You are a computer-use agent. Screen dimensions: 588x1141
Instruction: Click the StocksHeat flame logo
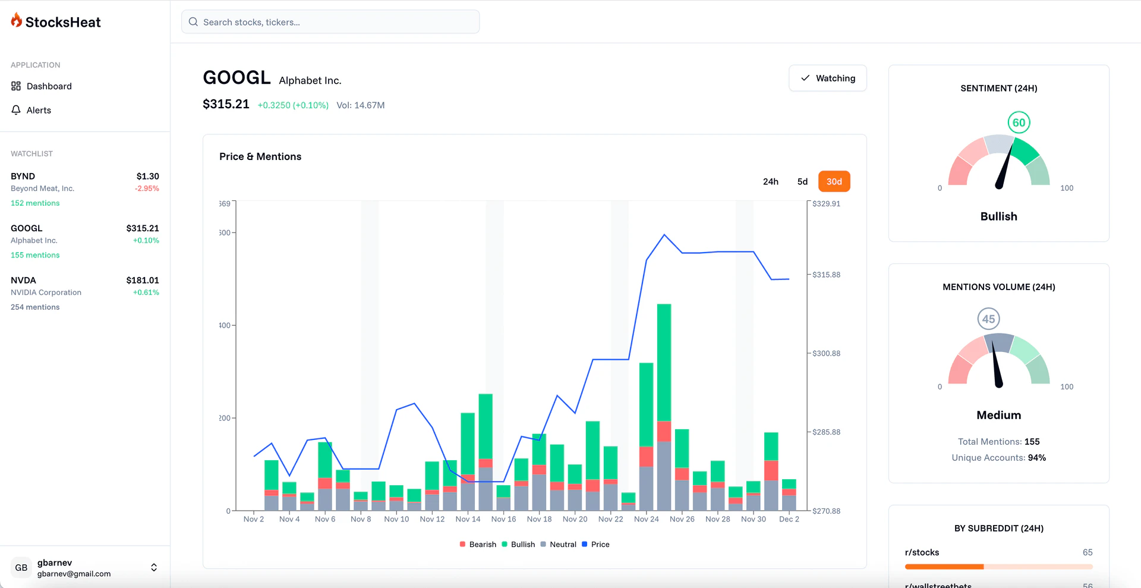point(17,21)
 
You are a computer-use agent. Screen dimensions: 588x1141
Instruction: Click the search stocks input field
point(330,22)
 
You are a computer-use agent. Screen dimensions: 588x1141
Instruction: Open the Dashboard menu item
point(49,86)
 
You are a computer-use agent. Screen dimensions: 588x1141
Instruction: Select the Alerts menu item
point(39,110)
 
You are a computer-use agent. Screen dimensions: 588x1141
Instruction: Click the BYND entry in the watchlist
point(23,176)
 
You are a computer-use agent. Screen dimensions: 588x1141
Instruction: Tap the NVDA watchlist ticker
point(24,280)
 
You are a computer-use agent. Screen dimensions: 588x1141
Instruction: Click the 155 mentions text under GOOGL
point(35,255)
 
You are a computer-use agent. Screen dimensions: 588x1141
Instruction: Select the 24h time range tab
point(770,181)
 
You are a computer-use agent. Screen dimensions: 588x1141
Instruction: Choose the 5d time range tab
point(802,181)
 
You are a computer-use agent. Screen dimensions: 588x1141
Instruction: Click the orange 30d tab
point(834,181)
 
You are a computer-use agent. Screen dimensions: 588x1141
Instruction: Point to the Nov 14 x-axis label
point(468,519)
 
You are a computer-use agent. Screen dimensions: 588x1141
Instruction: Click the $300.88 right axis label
point(826,353)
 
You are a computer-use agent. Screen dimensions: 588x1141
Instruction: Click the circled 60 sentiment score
point(1019,122)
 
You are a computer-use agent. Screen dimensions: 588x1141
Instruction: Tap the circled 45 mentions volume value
point(988,319)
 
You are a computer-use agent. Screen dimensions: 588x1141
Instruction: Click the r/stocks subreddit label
point(922,552)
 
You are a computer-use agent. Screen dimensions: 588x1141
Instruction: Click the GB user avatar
point(21,567)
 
